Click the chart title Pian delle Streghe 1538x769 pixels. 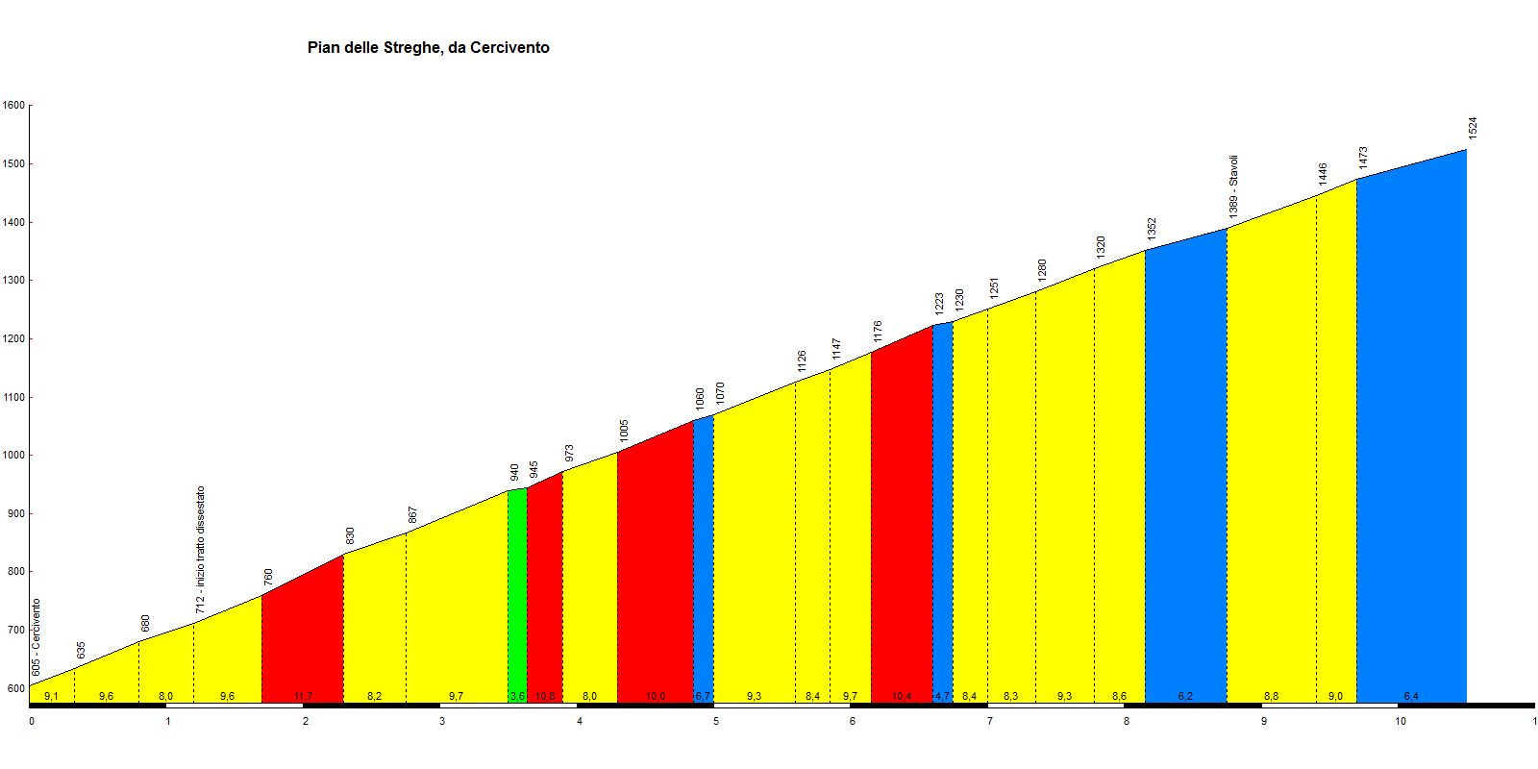(x=428, y=48)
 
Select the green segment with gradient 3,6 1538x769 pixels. (x=517, y=596)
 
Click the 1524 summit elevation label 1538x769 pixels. (x=1473, y=128)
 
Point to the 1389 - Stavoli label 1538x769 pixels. (x=1233, y=186)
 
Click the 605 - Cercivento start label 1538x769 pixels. (x=37, y=637)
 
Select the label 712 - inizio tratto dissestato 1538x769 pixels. (x=200, y=549)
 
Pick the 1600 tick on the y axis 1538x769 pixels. (x=13, y=106)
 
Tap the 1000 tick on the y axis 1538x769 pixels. (x=13, y=456)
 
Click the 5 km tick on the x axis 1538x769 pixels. (x=716, y=721)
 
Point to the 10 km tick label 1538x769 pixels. (x=1401, y=721)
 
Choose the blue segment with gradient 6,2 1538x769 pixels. (x=1185, y=471)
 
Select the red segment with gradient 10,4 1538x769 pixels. (x=902, y=519)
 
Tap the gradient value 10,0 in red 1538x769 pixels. (x=655, y=696)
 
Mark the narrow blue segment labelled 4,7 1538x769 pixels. (x=942, y=509)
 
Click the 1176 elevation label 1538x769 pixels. (x=878, y=332)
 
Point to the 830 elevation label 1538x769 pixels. (x=351, y=535)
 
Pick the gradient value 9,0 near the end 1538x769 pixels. (x=1335, y=696)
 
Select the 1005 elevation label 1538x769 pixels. (x=624, y=430)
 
